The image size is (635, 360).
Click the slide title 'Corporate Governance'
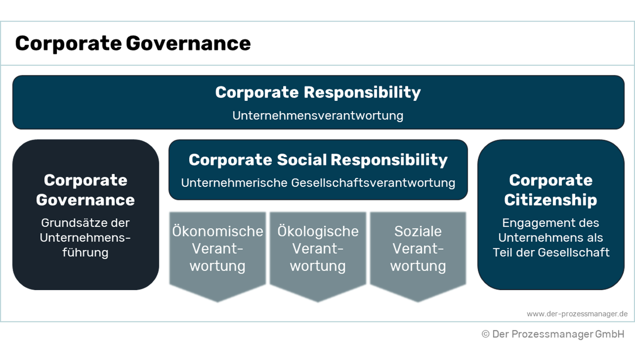(133, 44)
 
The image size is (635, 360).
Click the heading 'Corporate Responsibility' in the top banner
(318, 92)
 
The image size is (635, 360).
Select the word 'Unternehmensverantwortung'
(318, 116)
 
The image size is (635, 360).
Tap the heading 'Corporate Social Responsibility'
(318, 160)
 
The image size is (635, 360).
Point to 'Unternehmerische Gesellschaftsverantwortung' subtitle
(318, 183)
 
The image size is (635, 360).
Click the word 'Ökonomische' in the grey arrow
(218, 231)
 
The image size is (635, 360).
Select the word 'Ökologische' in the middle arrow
(318, 231)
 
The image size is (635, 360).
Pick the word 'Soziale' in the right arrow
(418, 231)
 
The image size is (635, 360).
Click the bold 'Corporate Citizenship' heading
(551, 190)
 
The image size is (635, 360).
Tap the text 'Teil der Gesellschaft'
(551, 252)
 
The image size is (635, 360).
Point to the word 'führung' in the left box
(86, 252)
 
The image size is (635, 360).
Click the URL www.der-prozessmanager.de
(577, 314)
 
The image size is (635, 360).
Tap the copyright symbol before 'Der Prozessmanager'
(486, 334)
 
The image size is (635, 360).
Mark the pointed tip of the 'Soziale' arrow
(418, 301)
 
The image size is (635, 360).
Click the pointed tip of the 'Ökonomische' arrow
(218, 301)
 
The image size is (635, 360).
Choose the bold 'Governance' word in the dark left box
(86, 200)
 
